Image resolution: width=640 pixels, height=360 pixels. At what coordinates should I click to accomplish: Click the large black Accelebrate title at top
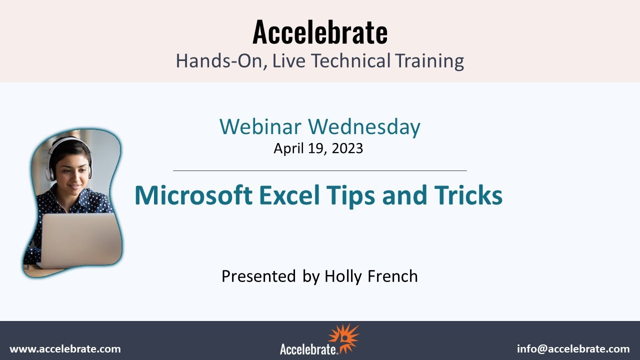click(320, 32)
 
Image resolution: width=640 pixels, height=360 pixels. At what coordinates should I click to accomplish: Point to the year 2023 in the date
click(346, 148)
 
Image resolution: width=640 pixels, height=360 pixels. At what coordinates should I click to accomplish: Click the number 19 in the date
click(314, 148)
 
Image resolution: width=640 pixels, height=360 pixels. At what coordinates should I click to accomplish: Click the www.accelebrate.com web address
click(65, 349)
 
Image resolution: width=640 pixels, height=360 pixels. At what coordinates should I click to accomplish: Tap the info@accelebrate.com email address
click(573, 349)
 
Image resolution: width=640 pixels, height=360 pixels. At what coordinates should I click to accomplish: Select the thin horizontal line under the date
click(320, 170)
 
